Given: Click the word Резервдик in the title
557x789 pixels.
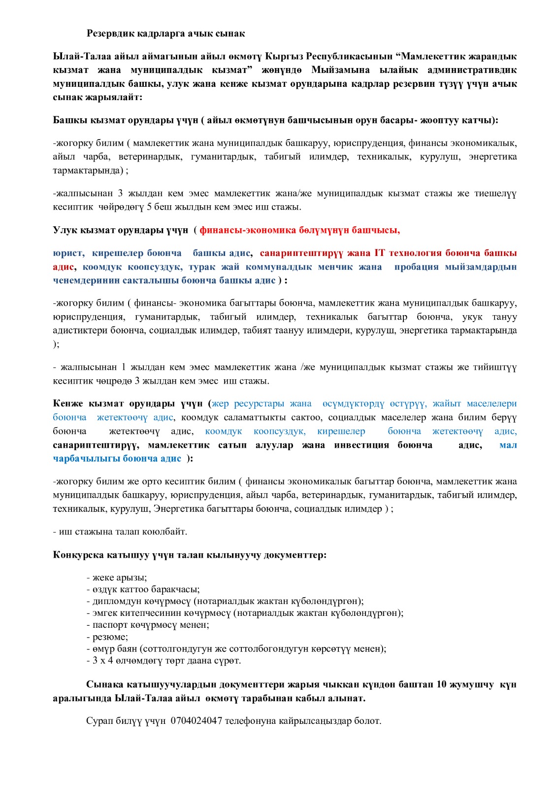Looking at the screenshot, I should pos(110,34).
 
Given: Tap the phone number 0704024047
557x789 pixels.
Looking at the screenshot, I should pos(197,721).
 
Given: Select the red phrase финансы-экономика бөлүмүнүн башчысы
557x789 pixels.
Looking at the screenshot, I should pos(299,230).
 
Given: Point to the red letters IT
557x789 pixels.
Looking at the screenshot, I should pos(379,253).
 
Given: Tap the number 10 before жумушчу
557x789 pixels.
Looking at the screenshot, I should pos(441,684).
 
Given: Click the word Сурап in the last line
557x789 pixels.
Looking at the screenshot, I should pos(99,721).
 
